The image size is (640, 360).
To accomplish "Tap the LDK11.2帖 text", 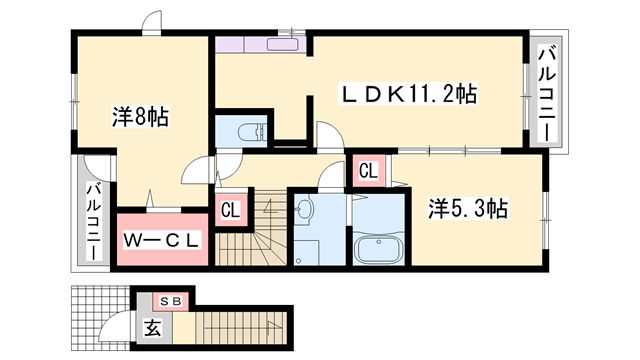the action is pyautogui.click(x=410, y=94).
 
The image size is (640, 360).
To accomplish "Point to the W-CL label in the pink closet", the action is pyautogui.click(x=163, y=240).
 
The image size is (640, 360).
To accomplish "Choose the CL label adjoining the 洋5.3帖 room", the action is pyautogui.click(x=367, y=171).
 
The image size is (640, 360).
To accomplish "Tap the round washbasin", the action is pyautogui.click(x=306, y=210).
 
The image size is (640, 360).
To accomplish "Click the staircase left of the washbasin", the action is pyautogui.click(x=254, y=230).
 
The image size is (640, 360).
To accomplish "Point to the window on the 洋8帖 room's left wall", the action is pyautogui.click(x=73, y=100).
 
